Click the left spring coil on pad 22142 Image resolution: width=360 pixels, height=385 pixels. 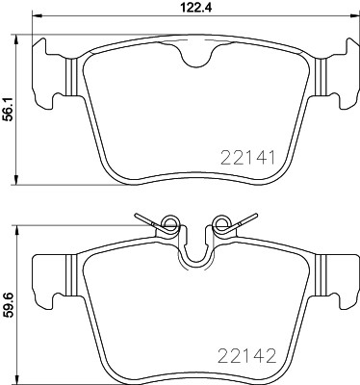[169, 226]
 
